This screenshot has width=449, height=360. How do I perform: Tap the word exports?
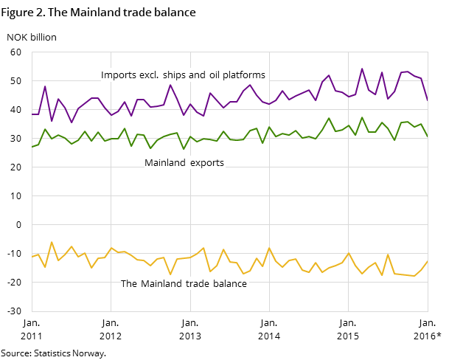(206, 163)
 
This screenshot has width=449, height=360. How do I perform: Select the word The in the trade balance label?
(129, 284)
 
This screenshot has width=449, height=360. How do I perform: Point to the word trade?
(198, 284)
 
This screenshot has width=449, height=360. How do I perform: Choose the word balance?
(230, 284)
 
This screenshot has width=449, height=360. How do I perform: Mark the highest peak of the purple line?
(362, 69)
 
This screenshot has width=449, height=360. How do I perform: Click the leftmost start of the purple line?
(32, 114)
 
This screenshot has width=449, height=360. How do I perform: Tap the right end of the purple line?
(428, 100)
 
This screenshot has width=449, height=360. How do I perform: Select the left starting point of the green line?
(32, 147)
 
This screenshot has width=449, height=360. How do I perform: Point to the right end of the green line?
(428, 136)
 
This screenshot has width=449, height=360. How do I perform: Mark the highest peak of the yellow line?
(52, 242)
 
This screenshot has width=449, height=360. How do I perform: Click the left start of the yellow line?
(32, 257)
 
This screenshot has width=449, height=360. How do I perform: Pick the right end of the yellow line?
(428, 261)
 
